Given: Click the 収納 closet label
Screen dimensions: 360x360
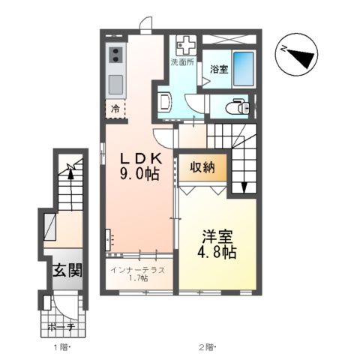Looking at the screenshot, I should point(202,166).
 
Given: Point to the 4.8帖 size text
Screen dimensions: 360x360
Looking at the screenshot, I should point(217,252).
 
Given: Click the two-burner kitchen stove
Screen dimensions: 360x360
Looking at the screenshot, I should point(116,55).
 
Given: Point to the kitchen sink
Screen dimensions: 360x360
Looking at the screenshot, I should point(115,83).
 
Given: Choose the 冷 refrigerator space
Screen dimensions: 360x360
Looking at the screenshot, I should point(115,109).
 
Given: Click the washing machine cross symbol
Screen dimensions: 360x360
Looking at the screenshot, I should point(184,44).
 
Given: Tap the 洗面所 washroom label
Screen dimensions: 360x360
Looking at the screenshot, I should point(182,62).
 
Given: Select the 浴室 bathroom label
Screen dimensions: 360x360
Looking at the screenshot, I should point(219,69).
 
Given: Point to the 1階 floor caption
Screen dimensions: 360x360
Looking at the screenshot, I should point(61,347).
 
